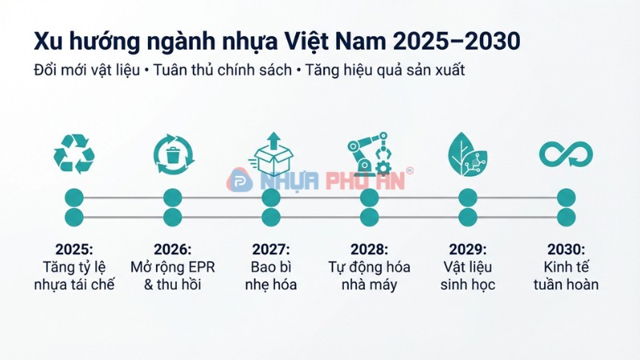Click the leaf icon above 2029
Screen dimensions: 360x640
tap(468, 153)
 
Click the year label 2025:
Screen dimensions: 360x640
tap(74, 250)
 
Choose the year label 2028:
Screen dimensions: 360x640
tap(369, 250)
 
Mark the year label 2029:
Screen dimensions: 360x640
tap(468, 250)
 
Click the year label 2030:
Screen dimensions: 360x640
tap(566, 250)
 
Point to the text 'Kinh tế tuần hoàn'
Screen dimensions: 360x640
tap(566, 275)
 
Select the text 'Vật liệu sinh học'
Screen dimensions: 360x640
tap(468, 275)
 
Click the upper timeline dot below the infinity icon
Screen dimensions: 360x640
tap(566, 198)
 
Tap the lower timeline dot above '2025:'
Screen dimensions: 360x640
tap(74, 218)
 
